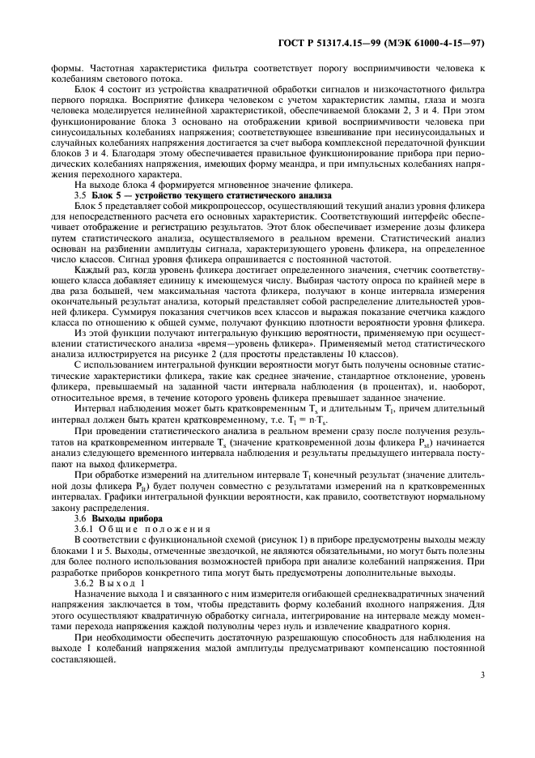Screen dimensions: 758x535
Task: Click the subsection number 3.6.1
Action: (x=85, y=529)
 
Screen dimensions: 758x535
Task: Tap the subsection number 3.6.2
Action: (x=85, y=581)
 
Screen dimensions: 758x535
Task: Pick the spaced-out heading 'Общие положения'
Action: (x=154, y=529)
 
